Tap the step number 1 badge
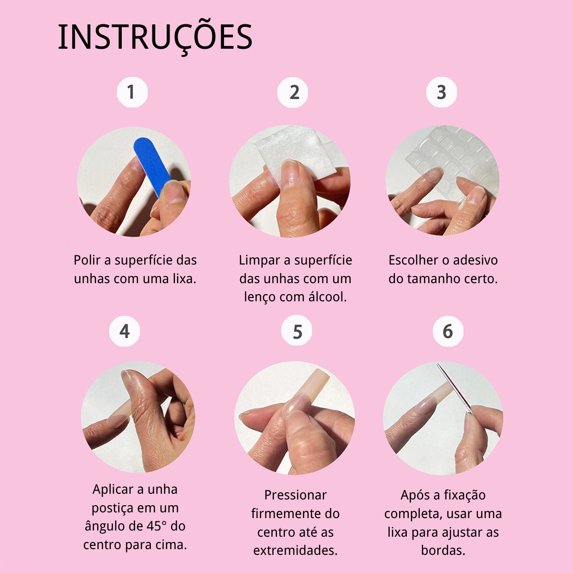132,92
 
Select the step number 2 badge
293,92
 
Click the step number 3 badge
442,92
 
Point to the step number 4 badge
125,331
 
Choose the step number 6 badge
448,331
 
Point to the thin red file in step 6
454,388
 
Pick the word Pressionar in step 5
295,495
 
